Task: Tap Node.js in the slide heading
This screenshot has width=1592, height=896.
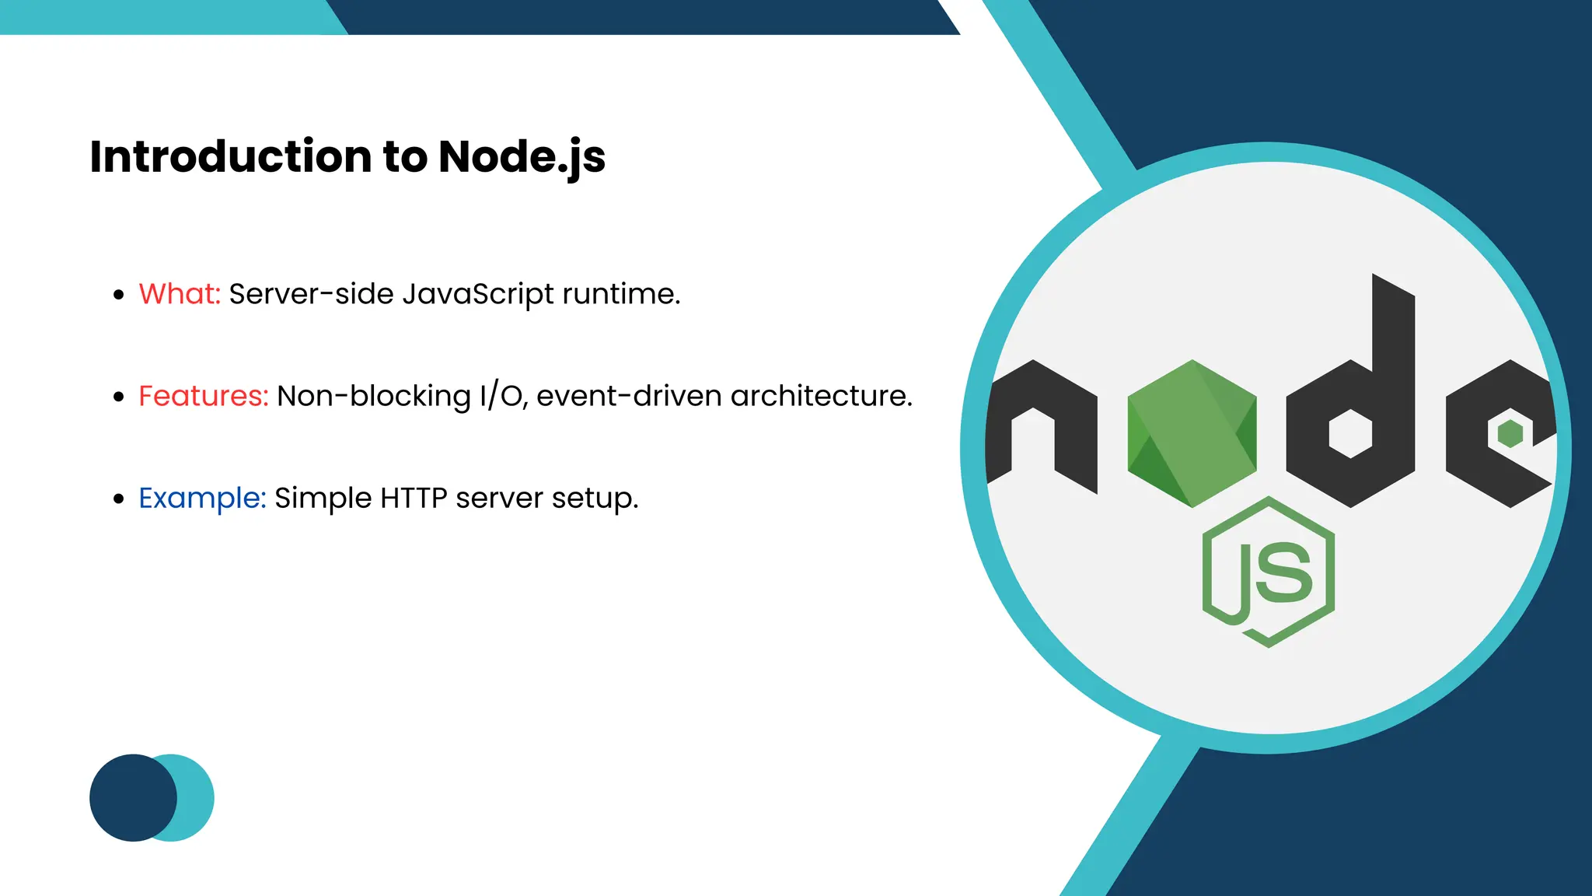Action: coord(522,158)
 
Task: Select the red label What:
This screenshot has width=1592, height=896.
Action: coord(180,294)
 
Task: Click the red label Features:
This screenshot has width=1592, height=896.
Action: coord(203,396)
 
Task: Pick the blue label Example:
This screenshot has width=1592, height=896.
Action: coord(202,498)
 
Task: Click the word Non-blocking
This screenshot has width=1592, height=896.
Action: coord(374,396)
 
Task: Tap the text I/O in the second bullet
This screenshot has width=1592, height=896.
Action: coord(503,396)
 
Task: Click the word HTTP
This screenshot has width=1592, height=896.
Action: coord(414,498)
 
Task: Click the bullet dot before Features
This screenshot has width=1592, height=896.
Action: coord(119,397)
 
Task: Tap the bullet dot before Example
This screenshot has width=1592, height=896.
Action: coord(119,499)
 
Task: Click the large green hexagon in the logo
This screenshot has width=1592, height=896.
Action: coord(1192,433)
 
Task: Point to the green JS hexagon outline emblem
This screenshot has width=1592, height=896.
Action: coord(1269,572)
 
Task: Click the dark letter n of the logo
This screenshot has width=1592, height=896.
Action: coord(1042,424)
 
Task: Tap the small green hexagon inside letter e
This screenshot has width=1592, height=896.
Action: coord(1510,433)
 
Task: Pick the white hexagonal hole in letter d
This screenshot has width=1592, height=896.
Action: coord(1350,434)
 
